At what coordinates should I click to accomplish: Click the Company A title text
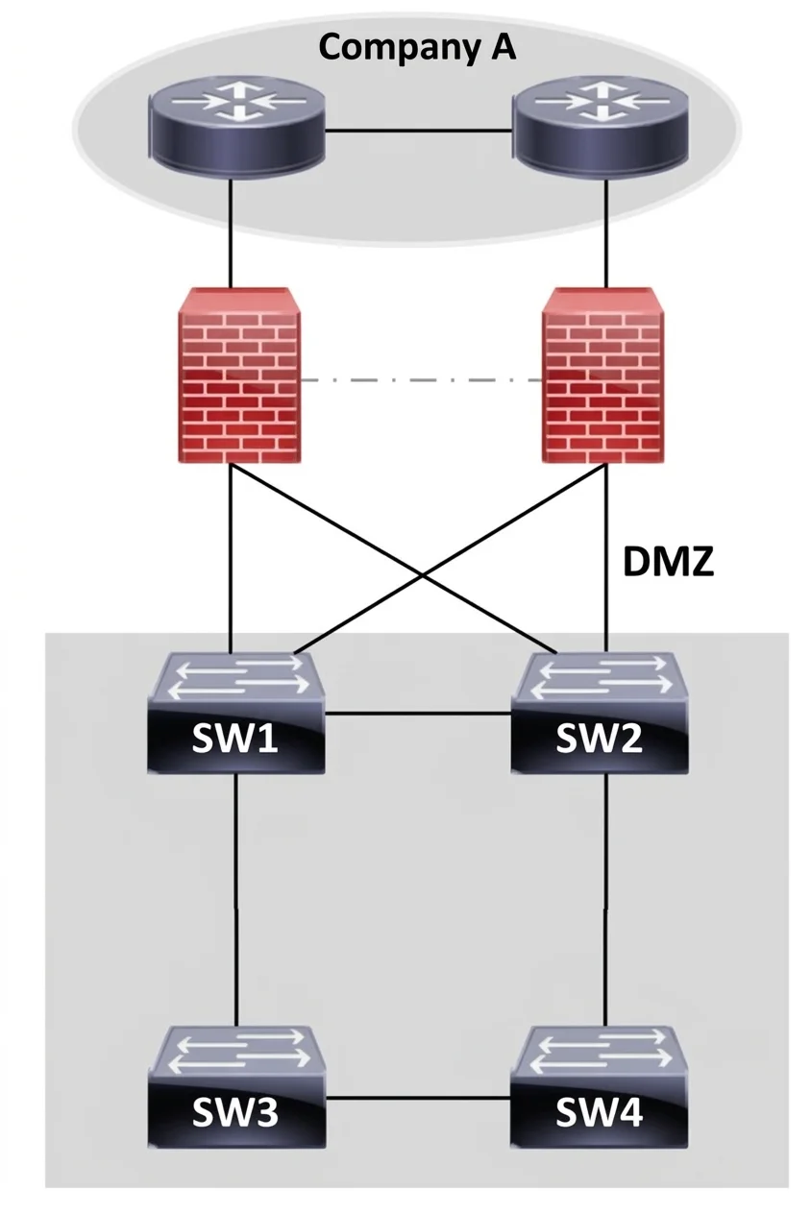[x=416, y=48]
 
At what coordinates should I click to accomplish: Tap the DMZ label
[x=668, y=562]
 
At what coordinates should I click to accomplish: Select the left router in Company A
[x=236, y=126]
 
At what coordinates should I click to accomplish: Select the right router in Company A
[x=601, y=126]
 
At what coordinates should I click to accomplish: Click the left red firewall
[x=239, y=376]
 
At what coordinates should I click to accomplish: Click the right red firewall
[x=602, y=376]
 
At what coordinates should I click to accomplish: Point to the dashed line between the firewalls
[x=422, y=380]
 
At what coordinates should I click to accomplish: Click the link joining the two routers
[x=419, y=130]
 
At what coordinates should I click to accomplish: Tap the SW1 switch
[x=236, y=712]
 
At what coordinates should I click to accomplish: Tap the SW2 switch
[x=600, y=712]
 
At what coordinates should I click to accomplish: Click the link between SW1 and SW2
[x=418, y=714]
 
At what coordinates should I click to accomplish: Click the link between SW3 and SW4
[x=418, y=1099]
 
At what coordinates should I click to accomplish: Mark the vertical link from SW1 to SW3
[x=235, y=900]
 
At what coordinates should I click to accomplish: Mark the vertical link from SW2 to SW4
[x=606, y=900]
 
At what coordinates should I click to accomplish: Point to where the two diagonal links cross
[x=423, y=576]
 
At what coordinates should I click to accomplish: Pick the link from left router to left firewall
[x=231, y=233]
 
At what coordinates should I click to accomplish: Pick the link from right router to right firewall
[x=606, y=233]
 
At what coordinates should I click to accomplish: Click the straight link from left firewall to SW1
[x=231, y=559]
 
